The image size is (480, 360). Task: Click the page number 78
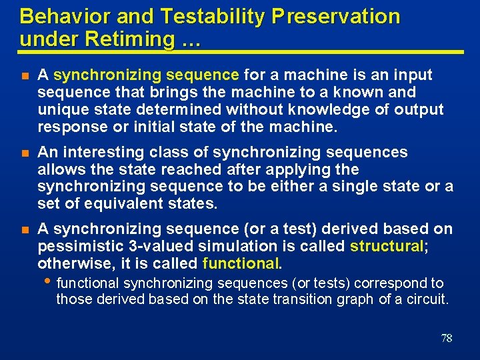(446, 338)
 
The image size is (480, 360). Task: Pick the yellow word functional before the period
(240, 263)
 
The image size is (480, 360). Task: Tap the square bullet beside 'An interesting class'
(25, 153)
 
